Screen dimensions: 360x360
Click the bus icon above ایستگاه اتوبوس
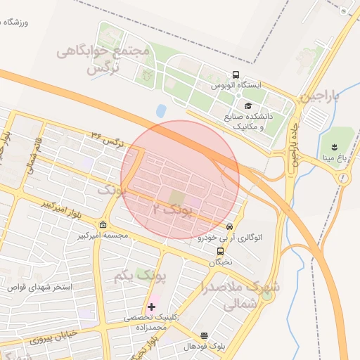point(236,75)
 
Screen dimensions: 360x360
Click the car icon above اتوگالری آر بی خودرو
point(230,226)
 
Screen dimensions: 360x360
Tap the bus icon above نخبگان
point(220,251)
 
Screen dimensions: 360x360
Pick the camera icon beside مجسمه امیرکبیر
point(104,224)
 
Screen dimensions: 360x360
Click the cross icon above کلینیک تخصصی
point(151,307)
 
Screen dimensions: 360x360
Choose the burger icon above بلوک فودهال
point(204,335)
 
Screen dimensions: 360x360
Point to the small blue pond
point(161,110)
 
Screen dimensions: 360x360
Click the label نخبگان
point(220,262)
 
